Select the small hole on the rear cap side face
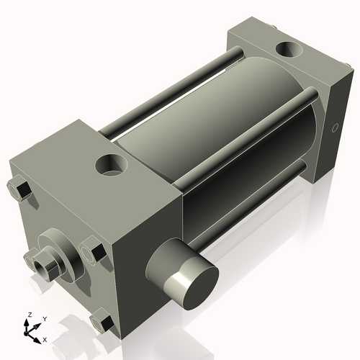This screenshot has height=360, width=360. pyautogui.click(x=333, y=129)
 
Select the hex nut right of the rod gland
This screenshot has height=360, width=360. pyautogui.click(x=93, y=252)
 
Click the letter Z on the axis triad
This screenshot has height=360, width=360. pyautogui.click(x=27, y=315)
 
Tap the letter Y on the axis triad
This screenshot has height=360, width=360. pyautogui.click(x=45, y=318)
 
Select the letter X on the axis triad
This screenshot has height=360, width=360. pyautogui.click(x=45, y=338)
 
